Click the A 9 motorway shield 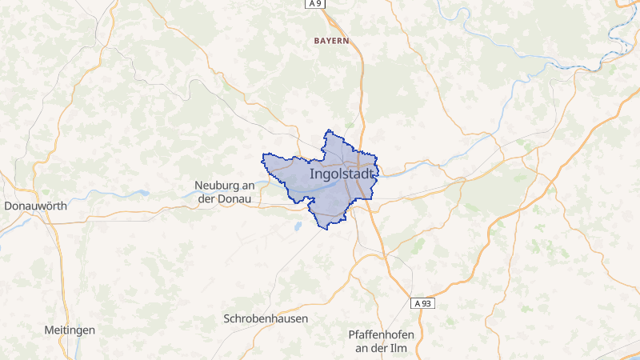click(x=315, y=4)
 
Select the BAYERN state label click(x=331, y=40)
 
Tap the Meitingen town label click(x=70, y=330)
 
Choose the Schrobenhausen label click(x=266, y=318)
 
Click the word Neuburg click(x=218, y=186)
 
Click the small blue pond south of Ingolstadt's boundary click(x=298, y=226)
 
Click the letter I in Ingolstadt click(x=310, y=174)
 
